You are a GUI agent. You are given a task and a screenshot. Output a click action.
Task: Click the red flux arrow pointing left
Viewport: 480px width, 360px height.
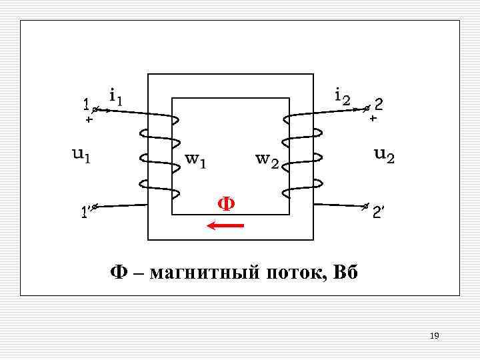tap(226, 226)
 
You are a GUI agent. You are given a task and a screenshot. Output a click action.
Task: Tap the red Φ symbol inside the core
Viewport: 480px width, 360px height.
tap(227, 203)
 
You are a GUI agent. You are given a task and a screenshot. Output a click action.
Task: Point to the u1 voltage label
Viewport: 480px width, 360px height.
tap(81, 155)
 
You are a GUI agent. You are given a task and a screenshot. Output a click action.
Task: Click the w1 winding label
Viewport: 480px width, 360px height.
tap(196, 160)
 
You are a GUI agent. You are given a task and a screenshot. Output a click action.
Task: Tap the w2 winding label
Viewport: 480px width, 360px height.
tap(267, 160)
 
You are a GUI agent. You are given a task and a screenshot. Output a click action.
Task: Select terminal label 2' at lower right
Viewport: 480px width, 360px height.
tap(378, 213)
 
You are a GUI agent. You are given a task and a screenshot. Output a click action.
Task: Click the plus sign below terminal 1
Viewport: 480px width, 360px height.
tap(88, 121)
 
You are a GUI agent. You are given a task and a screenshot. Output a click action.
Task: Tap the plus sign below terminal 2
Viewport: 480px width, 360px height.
tap(373, 118)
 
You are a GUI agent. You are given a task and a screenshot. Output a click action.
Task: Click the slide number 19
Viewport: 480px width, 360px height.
tap(434, 335)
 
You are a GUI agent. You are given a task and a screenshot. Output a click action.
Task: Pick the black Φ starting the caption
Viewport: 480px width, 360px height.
tap(119, 273)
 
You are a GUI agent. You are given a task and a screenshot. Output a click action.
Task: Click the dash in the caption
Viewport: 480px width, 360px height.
tap(138, 274)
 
